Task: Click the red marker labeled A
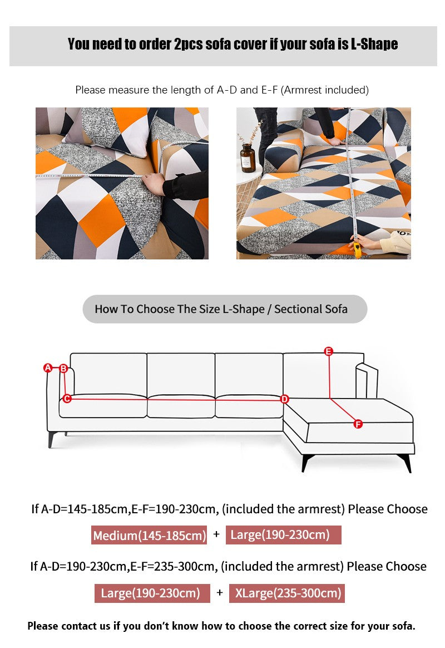tap(48, 367)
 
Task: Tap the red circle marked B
tap(63, 368)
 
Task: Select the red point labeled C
tap(67, 399)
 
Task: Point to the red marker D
tap(284, 399)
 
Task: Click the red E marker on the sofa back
tap(329, 351)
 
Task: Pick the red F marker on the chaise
tap(358, 424)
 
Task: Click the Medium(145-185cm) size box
tap(149, 535)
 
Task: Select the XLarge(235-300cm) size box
tap(287, 593)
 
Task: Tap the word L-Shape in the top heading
tap(374, 44)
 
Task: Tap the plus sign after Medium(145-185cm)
tap(216, 534)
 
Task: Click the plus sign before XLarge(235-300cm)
tap(220, 593)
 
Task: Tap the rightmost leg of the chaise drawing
tap(406, 463)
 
